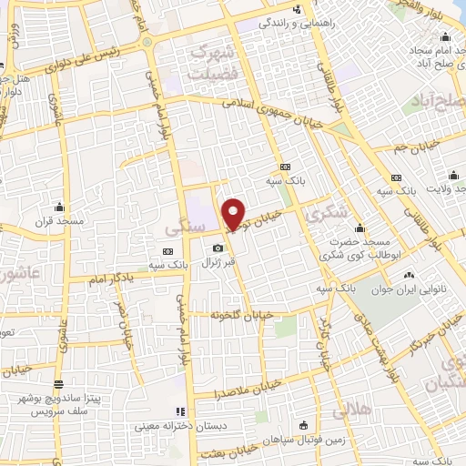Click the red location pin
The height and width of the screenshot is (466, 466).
[234, 215]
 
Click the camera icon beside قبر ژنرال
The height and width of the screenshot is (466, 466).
[218, 248]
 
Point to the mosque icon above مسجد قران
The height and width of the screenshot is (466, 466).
[60, 207]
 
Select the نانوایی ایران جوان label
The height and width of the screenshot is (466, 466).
[407, 290]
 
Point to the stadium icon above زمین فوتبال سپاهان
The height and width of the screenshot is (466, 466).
[302, 425]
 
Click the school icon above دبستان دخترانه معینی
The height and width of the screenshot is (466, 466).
[179, 410]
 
